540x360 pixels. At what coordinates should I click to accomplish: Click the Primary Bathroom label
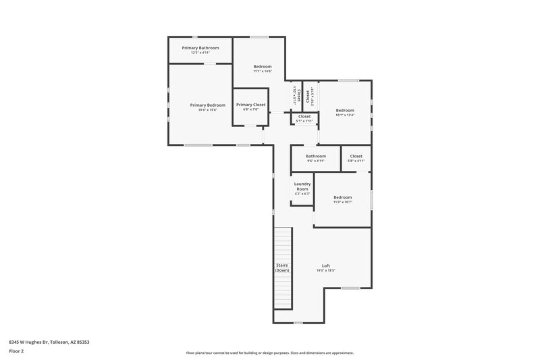pos(200,48)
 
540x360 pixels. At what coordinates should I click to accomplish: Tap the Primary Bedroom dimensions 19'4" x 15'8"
pos(207,110)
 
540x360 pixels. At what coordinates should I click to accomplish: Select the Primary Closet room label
pos(250,105)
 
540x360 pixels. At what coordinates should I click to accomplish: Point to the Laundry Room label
pos(302,186)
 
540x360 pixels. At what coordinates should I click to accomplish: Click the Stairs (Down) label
pos(282,267)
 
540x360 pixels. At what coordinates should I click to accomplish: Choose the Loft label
pos(326,265)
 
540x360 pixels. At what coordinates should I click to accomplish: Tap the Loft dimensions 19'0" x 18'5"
pos(326,271)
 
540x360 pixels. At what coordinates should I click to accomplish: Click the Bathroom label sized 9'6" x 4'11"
pos(316,156)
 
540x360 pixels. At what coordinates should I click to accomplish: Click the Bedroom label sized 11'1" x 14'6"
pos(263,66)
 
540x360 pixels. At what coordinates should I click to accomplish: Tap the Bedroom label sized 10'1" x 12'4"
pos(345,110)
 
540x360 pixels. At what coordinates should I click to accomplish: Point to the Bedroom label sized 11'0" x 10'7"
pos(342,197)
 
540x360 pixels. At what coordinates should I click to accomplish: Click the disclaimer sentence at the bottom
pos(270,353)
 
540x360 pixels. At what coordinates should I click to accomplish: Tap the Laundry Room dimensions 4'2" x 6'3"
pos(302,194)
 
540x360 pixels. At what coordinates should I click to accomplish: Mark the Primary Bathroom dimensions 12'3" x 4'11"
pos(200,53)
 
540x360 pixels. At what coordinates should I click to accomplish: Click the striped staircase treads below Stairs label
pos(281,290)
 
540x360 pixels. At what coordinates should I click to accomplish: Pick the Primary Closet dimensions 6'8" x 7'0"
pos(250,110)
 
